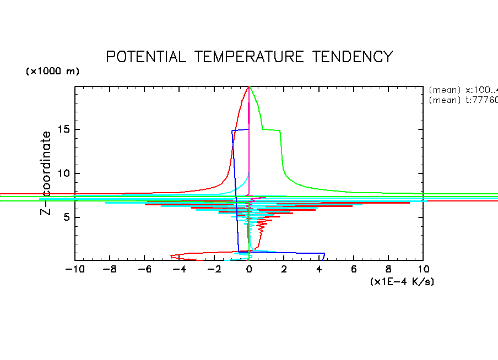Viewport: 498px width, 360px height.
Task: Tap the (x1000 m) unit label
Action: click(53, 72)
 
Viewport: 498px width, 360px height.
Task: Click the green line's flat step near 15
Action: click(272, 130)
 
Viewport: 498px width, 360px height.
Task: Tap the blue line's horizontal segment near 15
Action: click(241, 130)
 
